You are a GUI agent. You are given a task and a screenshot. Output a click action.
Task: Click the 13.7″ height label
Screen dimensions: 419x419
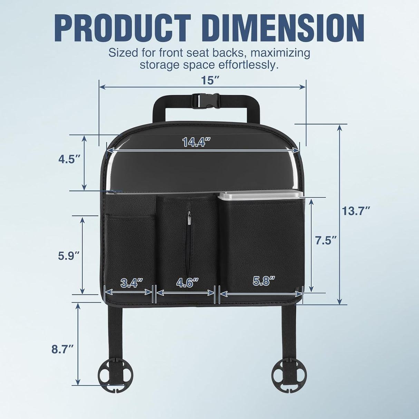coord(356,211)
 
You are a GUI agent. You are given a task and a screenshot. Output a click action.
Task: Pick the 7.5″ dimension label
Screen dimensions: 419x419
coord(326,241)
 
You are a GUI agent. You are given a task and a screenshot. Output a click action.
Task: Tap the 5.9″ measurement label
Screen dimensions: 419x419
coord(69,255)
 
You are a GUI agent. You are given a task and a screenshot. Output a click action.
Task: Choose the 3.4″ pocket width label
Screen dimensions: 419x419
coord(131,283)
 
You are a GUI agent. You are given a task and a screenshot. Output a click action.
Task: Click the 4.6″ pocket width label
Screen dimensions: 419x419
coord(187,282)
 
